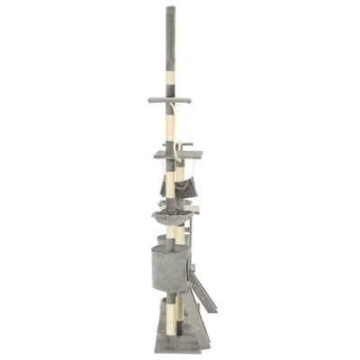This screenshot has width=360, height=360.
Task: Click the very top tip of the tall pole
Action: (170, 8)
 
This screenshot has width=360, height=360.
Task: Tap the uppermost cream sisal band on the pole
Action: (170, 79)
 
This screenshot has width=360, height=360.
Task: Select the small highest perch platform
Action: (170, 99)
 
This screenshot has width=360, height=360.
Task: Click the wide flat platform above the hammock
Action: (176, 154)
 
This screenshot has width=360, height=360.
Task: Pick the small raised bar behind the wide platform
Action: (186, 144)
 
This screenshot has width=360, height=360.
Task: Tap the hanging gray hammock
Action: (179, 188)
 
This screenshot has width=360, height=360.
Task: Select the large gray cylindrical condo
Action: (169, 266)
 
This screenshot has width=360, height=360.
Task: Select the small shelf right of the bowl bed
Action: (193, 210)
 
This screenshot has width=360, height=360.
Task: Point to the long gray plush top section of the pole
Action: (170, 40)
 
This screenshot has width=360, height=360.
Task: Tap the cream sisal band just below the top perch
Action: (170, 117)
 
